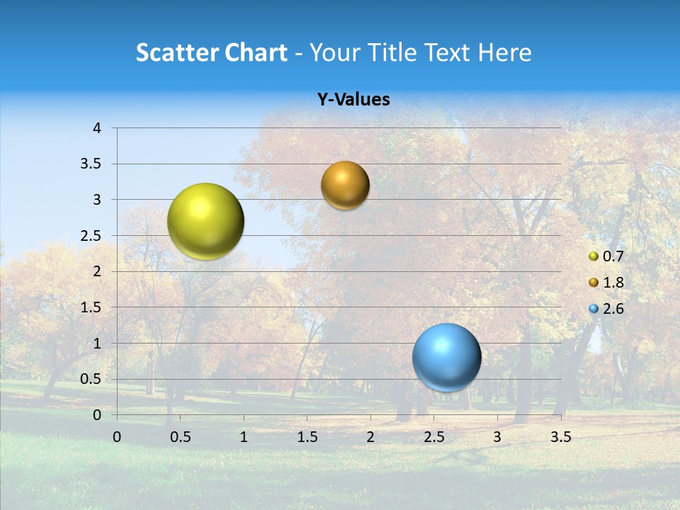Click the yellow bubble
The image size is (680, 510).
click(x=205, y=221)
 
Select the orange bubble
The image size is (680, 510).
click(x=345, y=185)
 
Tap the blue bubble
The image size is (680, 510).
click(x=446, y=357)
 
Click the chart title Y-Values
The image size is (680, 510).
click(x=353, y=100)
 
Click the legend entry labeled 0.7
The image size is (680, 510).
click(x=606, y=256)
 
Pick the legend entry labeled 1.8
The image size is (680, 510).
click(x=606, y=283)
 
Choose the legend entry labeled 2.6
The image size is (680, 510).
click(x=606, y=309)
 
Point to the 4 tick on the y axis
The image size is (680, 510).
click(x=97, y=128)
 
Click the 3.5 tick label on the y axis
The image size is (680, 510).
click(x=91, y=164)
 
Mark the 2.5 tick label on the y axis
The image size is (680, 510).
click(x=91, y=236)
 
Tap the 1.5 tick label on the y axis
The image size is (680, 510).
click(x=91, y=307)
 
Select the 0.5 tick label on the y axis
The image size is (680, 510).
click(x=91, y=379)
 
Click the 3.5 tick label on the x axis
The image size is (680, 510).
click(x=560, y=437)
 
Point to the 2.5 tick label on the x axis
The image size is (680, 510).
click(x=433, y=437)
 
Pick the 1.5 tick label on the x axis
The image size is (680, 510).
click(x=307, y=437)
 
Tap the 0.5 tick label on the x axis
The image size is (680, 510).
click(x=180, y=437)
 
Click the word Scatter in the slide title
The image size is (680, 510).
click(x=176, y=52)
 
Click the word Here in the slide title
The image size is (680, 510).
click(x=504, y=52)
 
